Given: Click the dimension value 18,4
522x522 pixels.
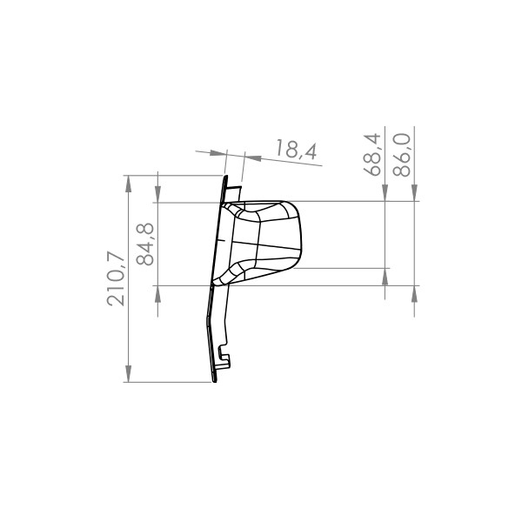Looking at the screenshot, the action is point(296,150).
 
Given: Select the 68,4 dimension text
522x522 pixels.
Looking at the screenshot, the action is point(372,155).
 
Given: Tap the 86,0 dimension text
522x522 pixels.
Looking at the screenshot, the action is point(401,155).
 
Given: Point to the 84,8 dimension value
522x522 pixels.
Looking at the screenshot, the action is point(145,244).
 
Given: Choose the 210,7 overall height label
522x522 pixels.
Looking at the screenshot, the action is point(116,278).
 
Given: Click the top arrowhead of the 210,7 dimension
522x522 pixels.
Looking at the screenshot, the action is point(128,184).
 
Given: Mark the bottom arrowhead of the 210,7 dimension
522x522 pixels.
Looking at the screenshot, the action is point(128,374).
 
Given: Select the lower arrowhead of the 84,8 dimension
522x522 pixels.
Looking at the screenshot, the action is point(157,294).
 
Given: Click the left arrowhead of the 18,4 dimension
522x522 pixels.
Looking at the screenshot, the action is point(218,153).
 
